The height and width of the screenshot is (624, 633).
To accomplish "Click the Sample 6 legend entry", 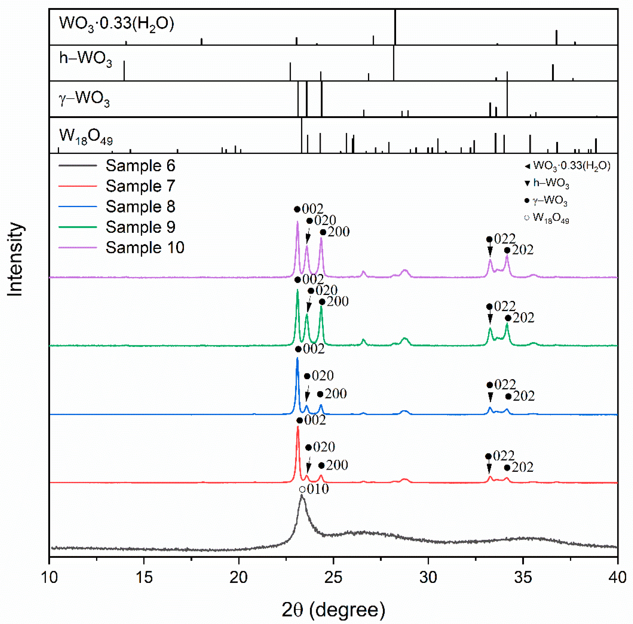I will click(140, 166).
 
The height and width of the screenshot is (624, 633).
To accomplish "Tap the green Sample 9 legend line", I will click(78, 227).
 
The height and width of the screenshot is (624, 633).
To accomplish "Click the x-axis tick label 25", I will click(333, 577).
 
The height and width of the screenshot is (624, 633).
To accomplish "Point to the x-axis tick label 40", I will click(617, 577).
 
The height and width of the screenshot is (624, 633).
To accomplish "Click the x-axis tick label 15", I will click(144, 577).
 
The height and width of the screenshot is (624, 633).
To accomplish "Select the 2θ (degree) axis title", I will click(333, 610).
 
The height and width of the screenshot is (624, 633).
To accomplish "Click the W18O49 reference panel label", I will click(86, 136).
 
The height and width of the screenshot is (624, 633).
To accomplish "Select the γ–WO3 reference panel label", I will click(84, 99).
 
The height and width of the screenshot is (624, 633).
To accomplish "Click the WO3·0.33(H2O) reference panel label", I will click(116, 24).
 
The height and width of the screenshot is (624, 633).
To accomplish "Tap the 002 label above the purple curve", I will click(312, 209).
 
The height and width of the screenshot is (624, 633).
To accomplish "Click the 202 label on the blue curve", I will click(524, 396).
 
